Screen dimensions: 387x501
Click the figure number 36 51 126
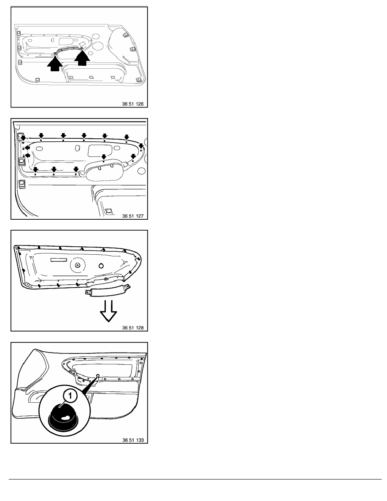click(x=133, y=104)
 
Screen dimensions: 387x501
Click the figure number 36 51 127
click(x=133, y=216)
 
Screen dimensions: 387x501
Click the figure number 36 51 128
click(x=133, y=328)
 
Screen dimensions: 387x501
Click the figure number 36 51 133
click(x=133, y=440)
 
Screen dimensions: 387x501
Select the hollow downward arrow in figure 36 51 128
click(x=108, y=310)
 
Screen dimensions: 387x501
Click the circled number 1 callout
click(x=70, y=396)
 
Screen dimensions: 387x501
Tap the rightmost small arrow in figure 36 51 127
click(x=141, y=146)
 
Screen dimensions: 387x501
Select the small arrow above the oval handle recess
click(x=103, y=157)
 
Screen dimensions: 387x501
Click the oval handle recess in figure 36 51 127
click(x=104, y=171)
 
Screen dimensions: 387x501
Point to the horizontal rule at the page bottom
click(x=195, y=479)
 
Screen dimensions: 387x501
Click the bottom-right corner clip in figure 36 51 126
click(x=139, y=80)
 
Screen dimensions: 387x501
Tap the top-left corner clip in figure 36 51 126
click(x=19, y=32)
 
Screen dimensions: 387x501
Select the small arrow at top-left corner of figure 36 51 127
click(x=23, y=138)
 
